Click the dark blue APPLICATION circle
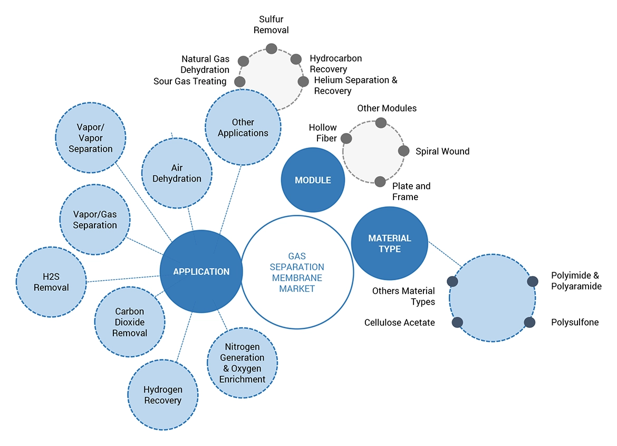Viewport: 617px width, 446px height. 201,271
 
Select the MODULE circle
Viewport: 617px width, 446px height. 313,180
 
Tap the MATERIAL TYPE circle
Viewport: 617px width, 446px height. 389,243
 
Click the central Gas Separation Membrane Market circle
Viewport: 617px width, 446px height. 297,272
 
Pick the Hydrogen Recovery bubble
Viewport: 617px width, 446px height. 163,395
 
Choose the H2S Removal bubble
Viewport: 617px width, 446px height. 51,282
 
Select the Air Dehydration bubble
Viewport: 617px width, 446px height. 177,173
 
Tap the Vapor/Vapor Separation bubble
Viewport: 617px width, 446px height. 90,138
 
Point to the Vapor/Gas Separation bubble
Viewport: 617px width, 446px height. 95,220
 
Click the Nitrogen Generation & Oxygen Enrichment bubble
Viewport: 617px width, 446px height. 243,363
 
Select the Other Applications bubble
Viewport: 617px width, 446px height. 243,127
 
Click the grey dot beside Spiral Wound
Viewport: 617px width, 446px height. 403,151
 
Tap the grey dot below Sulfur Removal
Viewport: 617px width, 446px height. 271,49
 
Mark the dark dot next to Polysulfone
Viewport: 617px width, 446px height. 529,322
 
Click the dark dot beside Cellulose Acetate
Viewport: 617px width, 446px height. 457,322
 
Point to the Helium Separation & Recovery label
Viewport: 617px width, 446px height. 355,86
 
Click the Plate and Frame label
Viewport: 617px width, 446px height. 411,192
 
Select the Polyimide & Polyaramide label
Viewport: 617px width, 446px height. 576,281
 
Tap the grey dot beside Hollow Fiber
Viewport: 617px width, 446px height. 346,138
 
